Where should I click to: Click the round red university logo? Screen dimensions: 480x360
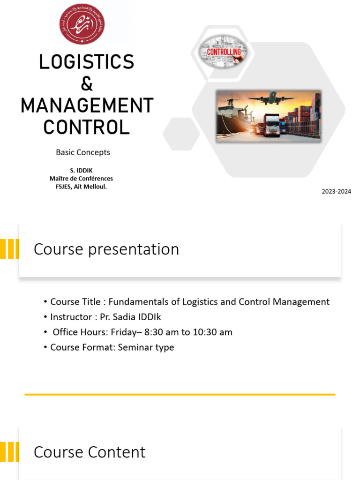(x=82, y=24)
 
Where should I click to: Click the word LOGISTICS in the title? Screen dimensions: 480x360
(x=87, y=62)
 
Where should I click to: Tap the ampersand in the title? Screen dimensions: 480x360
(x=87, y=84)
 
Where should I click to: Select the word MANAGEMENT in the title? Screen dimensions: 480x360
(x=87, y=106)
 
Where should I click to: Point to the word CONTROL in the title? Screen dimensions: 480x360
(x=87, y=127)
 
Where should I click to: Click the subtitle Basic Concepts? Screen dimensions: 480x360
(x=83, y=152)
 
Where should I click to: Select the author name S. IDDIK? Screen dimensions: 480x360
(x=81, y=171)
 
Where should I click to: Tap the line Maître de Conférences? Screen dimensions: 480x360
(x=81, y=179)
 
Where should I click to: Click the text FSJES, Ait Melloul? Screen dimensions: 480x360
(x=81, y=186)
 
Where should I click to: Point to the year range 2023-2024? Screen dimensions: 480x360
(x=336, y=192)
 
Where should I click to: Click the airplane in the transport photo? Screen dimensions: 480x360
(x=270, y=99)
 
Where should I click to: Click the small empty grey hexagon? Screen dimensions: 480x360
(x=181, y=134)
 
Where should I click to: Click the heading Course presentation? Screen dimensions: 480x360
(x=106, y=249)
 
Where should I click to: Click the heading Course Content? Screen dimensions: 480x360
(x=90, y=452)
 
